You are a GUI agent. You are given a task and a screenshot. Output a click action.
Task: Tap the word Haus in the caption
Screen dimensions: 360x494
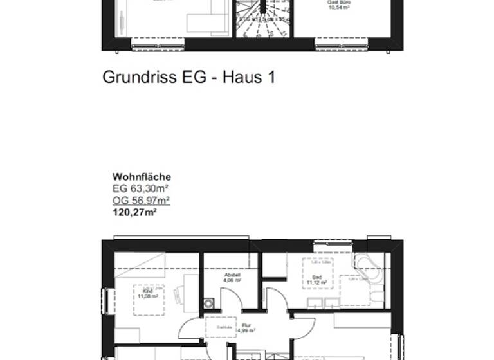point(242,78)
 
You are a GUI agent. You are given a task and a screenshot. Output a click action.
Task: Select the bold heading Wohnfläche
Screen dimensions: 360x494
point(142,177)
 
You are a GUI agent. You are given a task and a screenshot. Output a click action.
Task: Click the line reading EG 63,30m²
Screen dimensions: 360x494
point(141,188)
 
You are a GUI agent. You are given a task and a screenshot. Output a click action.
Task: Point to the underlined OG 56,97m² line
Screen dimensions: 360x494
point(141,200)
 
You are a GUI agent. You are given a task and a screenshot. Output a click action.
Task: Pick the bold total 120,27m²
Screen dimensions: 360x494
point(135,211)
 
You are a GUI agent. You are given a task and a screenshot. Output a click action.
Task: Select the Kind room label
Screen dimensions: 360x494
point(147,291)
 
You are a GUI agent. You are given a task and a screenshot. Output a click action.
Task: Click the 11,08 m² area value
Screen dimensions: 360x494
point(148,296)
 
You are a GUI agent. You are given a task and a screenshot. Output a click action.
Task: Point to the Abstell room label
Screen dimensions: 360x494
point(232,274)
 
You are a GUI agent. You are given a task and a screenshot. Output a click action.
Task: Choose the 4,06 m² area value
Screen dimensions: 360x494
point(232,280)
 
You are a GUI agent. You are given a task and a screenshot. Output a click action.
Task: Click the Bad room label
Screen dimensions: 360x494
point(316,277)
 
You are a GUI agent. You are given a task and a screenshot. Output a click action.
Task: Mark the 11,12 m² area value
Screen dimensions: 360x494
point(316,283)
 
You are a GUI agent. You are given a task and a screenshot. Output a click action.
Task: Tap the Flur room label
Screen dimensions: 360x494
point(246,325)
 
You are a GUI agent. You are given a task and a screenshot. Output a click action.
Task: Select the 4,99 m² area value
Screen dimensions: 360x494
point(246,331)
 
